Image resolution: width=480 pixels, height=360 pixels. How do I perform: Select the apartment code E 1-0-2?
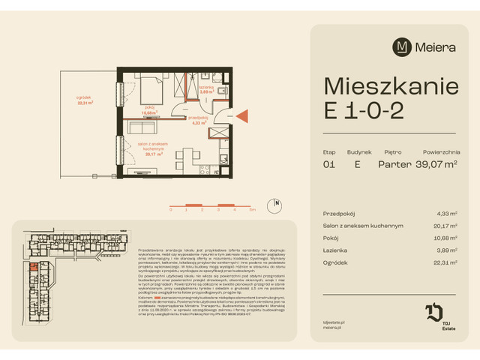(x=364, y=110)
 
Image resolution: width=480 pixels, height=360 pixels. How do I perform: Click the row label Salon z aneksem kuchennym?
(x=363, y=225)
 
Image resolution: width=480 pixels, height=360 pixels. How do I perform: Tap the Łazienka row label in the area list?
(x=334, y=250)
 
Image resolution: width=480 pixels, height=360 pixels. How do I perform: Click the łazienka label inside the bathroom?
(x=206, y=87)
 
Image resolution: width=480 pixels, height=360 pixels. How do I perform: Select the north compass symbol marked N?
(x=277, y=202)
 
